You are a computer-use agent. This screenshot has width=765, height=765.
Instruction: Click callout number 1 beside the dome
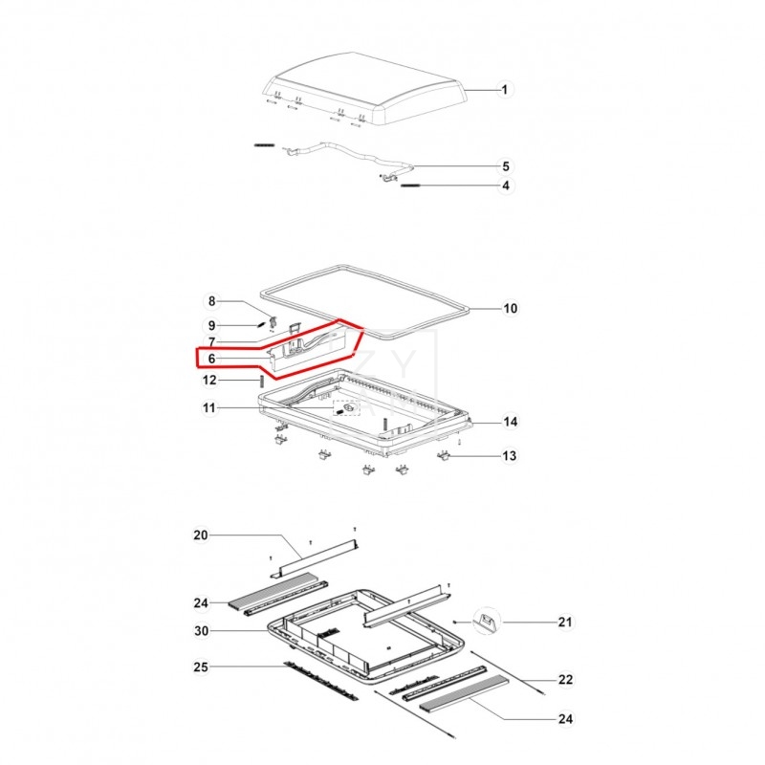(x=505, y=90)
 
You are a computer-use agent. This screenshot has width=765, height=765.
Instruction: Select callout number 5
(x=506, y=166)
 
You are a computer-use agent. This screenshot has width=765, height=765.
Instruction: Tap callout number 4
(x=506, y=186)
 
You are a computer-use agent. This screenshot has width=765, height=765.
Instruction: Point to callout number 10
(x=510, y=308)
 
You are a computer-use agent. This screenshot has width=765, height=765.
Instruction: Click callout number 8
(x=211, y=301)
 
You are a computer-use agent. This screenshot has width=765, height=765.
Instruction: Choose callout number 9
(x=211, y=325)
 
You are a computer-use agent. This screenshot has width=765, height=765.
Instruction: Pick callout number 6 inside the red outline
(x=211, y=359)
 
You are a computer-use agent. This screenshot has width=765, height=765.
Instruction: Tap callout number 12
(x=209, y=380)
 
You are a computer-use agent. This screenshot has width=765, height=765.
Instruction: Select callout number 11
(x=208, y=407)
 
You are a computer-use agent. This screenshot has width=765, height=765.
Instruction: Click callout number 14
(x=511, y=422)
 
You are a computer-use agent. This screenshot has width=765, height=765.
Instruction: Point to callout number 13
(x=510, y=456)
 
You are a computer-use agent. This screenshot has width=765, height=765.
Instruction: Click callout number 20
(x=201, y=535)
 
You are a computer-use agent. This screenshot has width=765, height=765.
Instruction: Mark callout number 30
(x=201, y=631)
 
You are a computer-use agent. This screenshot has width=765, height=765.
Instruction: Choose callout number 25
(x=201, y=667)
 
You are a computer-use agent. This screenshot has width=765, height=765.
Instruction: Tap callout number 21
(x=565, y=623)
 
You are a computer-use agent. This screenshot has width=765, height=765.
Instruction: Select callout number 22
(x=565, y=680)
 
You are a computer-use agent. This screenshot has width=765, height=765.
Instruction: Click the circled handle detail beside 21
(x=487, y=621)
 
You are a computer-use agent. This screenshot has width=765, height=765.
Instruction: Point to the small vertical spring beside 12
(x=261, y=381)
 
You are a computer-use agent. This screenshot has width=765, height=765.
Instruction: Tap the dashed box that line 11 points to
(x=346, y=407)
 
